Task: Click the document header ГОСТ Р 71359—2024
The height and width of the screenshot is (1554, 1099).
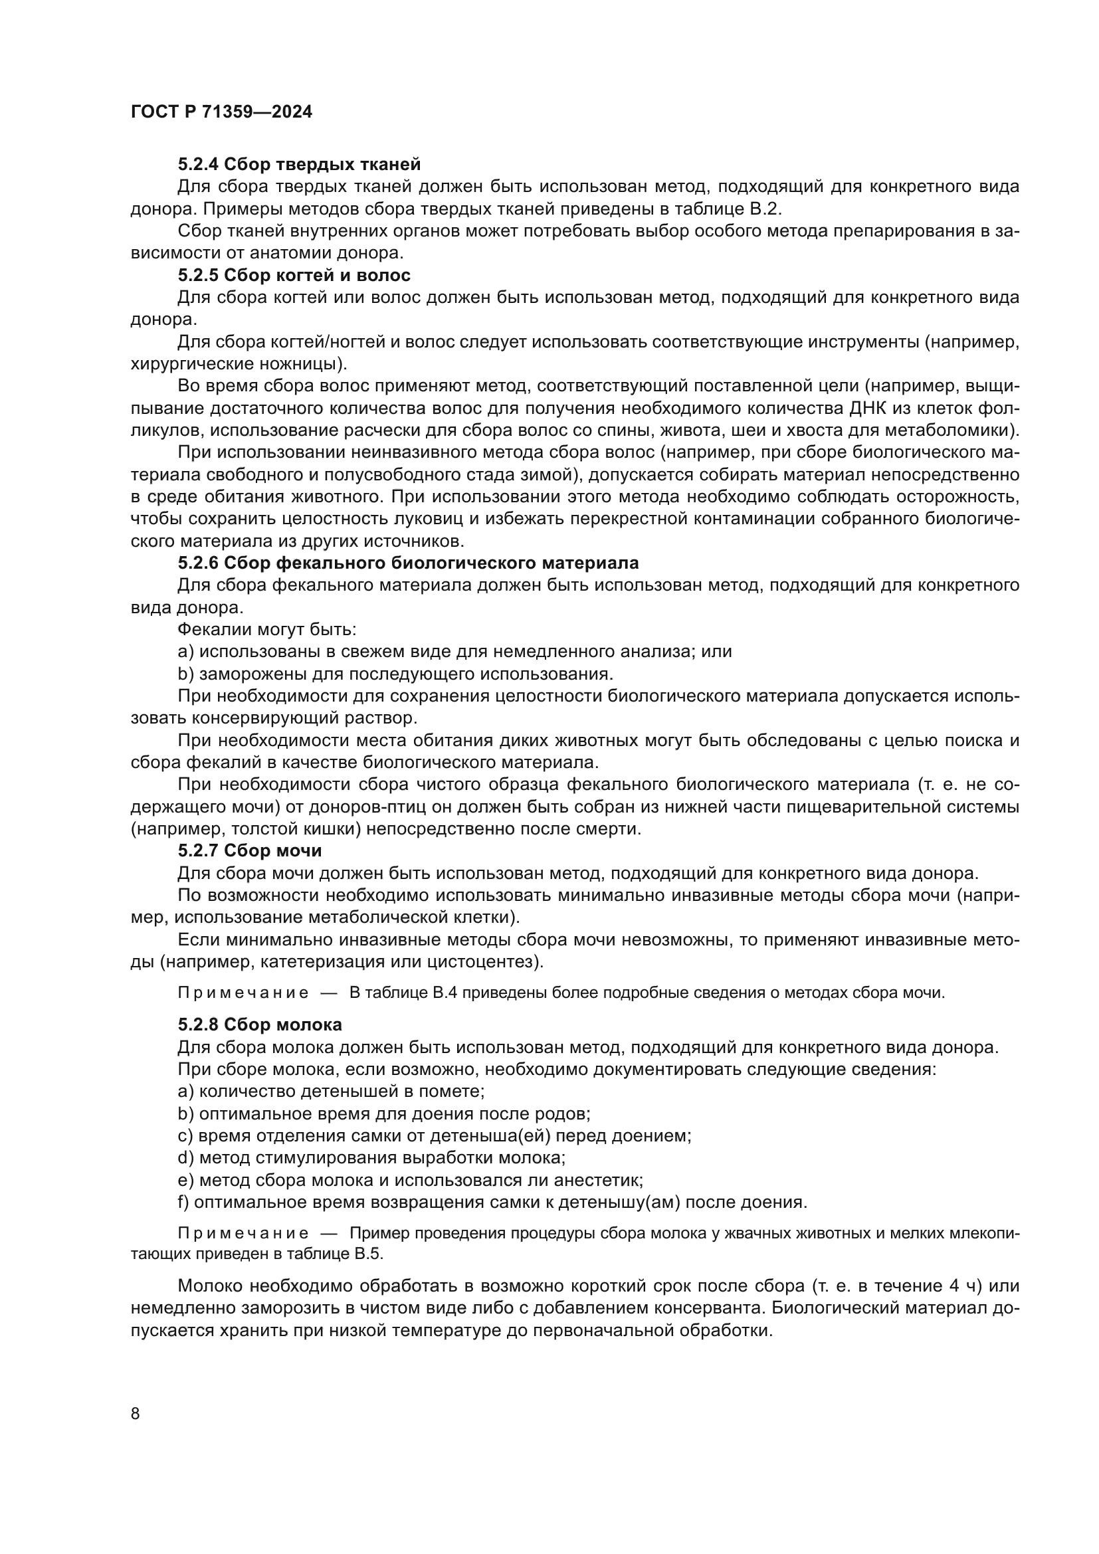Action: click(x=221, y=112)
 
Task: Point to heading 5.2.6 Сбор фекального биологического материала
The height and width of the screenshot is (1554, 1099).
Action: click(x=408, y=563)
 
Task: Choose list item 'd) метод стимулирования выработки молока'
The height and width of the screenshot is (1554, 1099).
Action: click(x=371, y=1157)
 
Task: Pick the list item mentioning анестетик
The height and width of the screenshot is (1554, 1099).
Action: click(x=410, y=1180)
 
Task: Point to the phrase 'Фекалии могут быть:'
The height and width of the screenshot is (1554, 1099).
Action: click(x=266, y=629)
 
